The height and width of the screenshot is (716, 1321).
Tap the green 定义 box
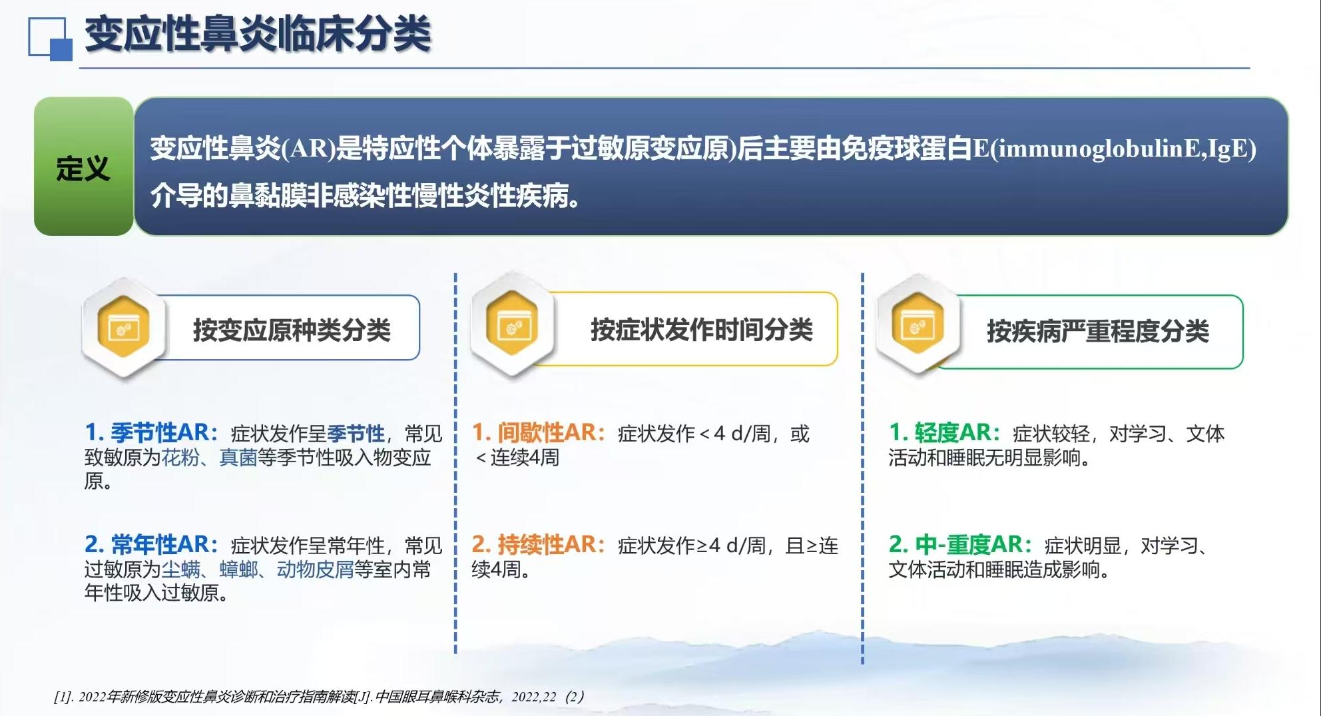pyautogui.click(x=84, y=167)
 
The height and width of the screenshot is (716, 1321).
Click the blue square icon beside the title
pyautogui.click(x=50, y=39)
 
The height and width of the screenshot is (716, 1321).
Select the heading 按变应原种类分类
pyautogui.click(x=292, y=330)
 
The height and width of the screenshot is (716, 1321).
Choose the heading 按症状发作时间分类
pyautogui.click(x=702, y=330)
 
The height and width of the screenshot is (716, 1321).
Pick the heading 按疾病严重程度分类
pyautogui.click(x=1098, y=331)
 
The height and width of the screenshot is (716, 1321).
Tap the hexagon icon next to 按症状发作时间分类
pyautogui.click(x=512, y=327)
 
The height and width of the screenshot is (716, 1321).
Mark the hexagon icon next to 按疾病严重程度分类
pyautogui.click(x=918, y=326)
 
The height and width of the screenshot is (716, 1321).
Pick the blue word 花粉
pyautogui.click(x=180, y=458)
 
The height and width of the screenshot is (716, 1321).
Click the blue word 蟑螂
pyautogui.click(x=238, y=569)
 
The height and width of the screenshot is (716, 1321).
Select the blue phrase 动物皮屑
pyautogui.click(x=315, y=569)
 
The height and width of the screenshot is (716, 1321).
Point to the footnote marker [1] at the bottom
pyautogui.click(x=63, y=697)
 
